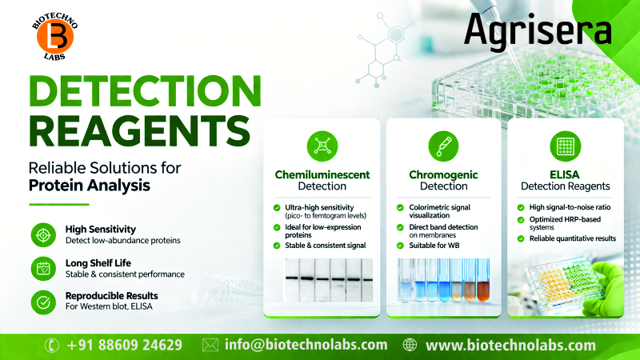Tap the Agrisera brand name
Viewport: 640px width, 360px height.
(x=538, y=30)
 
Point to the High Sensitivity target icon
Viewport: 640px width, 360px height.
(x=42, y=234)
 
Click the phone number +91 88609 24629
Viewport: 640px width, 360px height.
(x=125, y=346)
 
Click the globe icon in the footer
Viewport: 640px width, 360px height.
(x=410, y=346)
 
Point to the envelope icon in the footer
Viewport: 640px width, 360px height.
(x=210, y=346)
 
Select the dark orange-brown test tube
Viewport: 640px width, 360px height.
(x=482, y=287)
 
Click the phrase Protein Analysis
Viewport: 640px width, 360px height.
(x=90, y=186)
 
